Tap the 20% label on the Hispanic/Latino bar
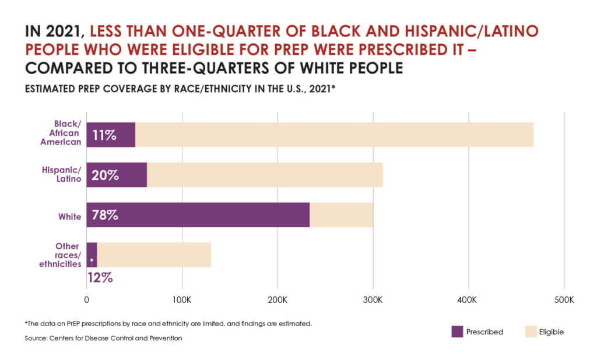coord(105,175)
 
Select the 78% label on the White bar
coord(105,215)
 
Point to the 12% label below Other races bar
coord(100,277)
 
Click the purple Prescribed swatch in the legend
coord(458,331)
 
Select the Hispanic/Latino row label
coord(61,174)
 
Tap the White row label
coord(69,216)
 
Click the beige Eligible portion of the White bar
coord(341,215)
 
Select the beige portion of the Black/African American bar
coord(332,135)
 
